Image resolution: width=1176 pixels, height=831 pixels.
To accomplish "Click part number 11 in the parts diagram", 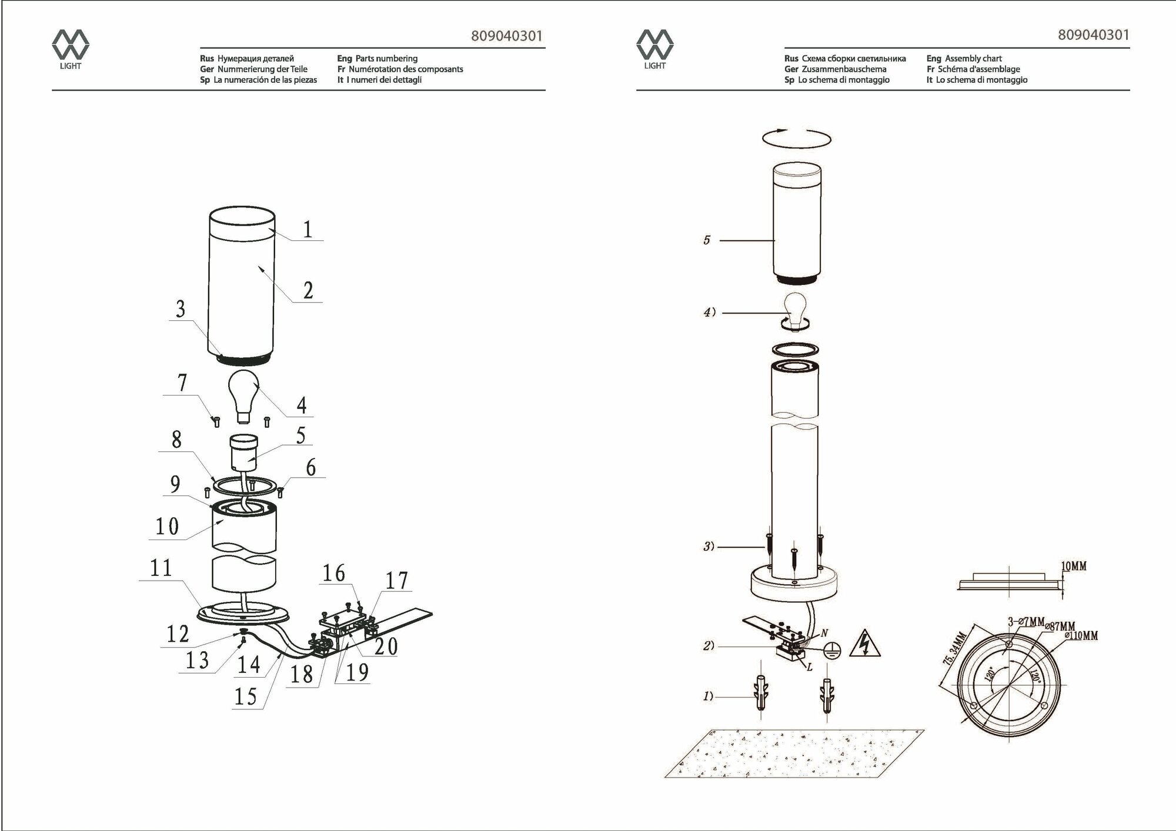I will click(x=161, y=568).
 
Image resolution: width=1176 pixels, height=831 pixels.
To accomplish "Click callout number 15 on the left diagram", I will click(x=246, y=696).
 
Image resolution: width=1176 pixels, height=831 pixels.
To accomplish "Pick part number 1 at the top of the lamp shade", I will click(x=307, y=229).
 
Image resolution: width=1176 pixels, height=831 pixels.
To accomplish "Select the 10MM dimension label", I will click(x=1073, y=566).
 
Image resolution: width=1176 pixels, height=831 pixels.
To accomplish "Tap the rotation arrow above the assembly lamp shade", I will click(x=796, y=139).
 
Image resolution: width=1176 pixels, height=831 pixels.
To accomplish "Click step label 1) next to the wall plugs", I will click(x=708, y=696).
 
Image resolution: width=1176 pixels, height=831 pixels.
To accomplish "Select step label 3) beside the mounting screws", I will click(x=709, y=547).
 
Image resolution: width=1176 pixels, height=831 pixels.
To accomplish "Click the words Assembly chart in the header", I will click(x=973, y=58).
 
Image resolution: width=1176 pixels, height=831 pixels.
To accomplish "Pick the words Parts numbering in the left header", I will click(x=386, y=58).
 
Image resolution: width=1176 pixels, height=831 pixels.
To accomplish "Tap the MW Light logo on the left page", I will click(x=71, y=49).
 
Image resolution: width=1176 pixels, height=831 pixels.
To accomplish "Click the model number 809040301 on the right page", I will click(x=1093, y=35).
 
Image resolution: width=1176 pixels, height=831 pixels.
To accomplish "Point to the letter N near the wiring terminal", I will click(x=824, y=633).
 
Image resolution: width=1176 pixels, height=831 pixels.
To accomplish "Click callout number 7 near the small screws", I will click(x=182, y=383).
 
